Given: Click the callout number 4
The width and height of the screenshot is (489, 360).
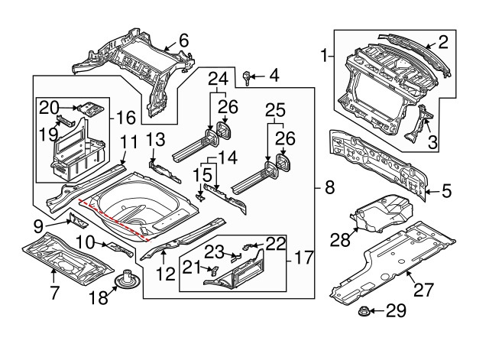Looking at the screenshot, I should (274, 75).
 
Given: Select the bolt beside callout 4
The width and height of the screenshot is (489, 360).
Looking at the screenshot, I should (248, 76).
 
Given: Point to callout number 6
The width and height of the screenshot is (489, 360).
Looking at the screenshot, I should (183, 40).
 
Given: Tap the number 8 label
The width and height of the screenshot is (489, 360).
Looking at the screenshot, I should (329, 187).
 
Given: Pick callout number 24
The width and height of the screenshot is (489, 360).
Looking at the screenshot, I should (218, 78).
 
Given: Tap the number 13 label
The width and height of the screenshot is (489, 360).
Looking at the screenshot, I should (155, 139).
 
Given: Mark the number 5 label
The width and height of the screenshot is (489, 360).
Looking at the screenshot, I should (445, 190).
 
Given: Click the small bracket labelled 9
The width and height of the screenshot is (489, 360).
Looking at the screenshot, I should (77, 221).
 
